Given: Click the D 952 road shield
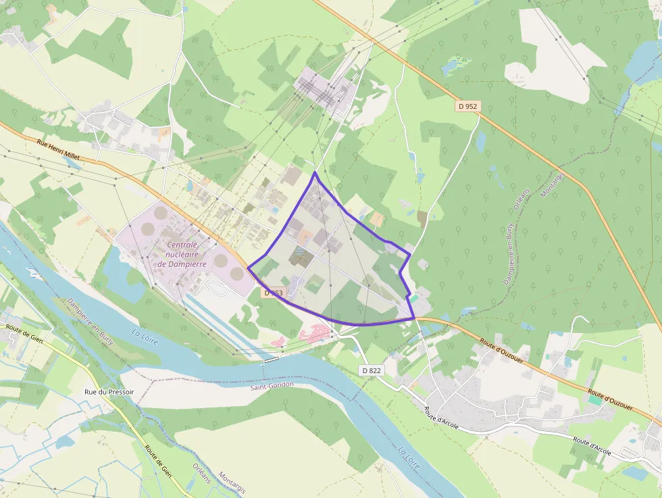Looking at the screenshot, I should point(467,106).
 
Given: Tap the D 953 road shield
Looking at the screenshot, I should point(274,293).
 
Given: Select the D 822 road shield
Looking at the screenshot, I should point(372,370).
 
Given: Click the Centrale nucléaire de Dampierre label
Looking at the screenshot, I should point(182,254).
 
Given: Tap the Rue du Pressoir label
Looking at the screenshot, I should point(109,392).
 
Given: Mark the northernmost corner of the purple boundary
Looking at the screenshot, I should point(315,173).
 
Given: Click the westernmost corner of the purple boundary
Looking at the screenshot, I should point(248,268).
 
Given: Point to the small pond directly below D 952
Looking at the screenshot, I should point(480,141).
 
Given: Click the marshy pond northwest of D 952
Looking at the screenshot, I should point(454,65).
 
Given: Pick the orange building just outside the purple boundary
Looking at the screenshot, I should point(376,219).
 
